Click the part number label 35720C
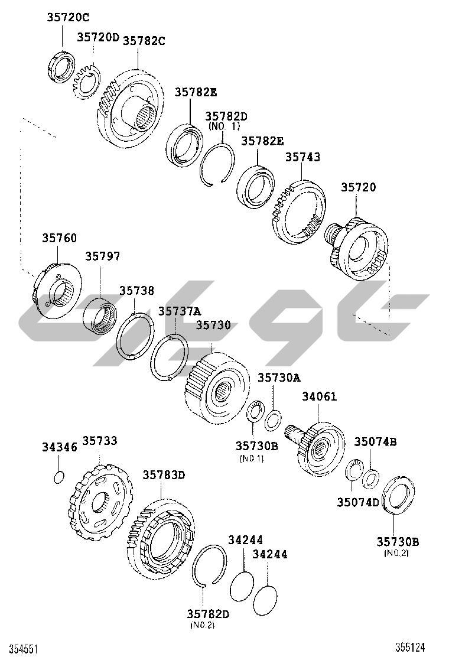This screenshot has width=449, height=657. [x=68, y=18]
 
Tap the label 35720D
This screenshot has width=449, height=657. [x=98, y=37]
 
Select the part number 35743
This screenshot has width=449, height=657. [x=302, y=157]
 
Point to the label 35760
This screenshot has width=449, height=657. [x=60, y=238]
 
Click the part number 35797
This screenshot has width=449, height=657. [x=103, y=256]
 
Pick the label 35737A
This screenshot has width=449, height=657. [x=179, y=311]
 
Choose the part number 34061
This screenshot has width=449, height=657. [x=320, y=396]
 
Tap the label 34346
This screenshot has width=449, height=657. [x=60, y=447]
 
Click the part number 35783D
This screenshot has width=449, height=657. [x=164, y=475]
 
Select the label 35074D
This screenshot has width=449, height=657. [x=358, y=502]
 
